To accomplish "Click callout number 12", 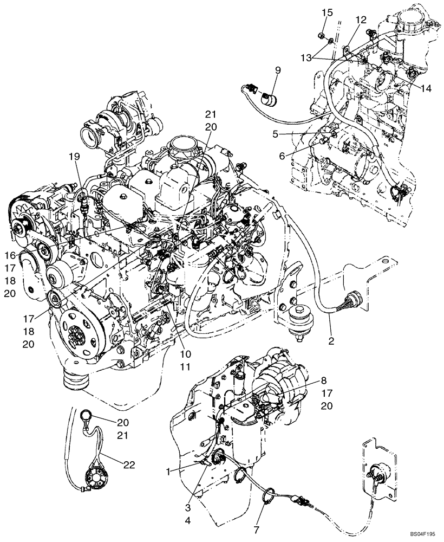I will coord(361,20).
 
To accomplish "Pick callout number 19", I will coord(74,156).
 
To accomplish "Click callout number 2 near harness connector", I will coord(331,341).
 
